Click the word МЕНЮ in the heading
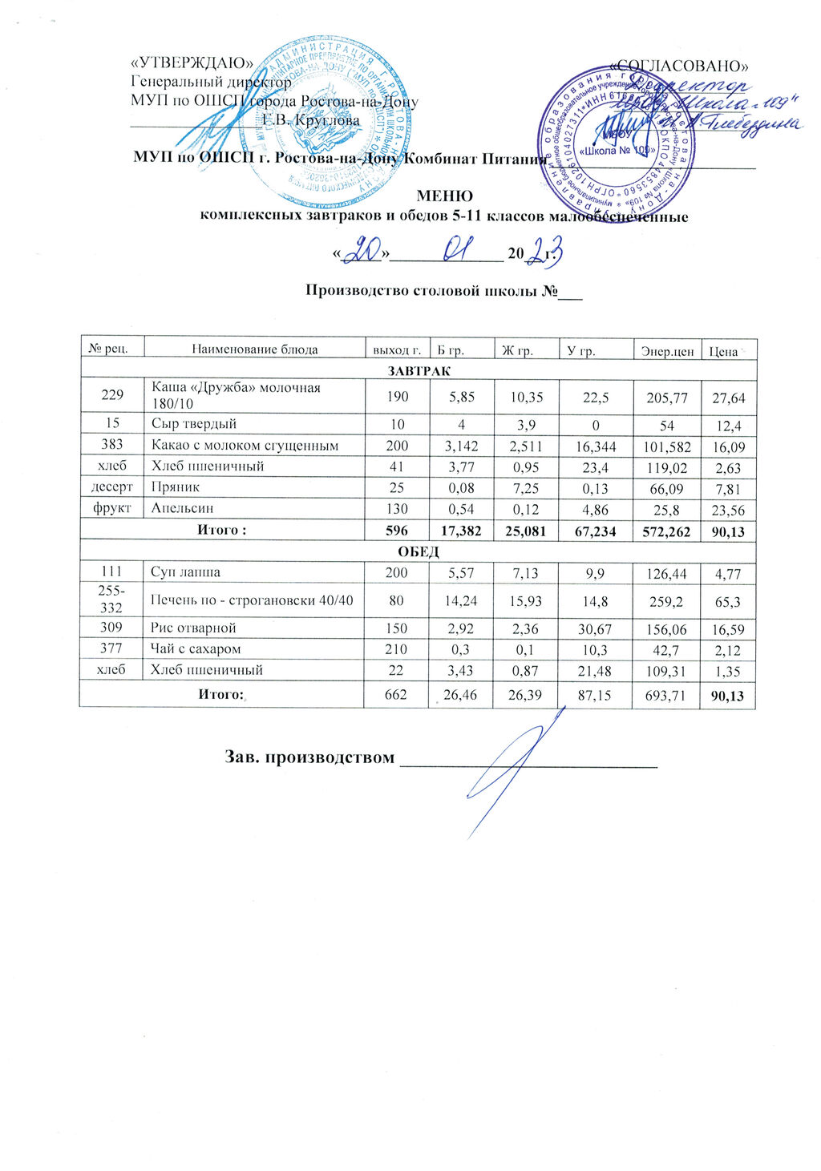[444, 196]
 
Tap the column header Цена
[724, 350]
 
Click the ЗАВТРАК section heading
[419, 371]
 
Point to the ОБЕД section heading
[419, 552]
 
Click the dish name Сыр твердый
[194, 424]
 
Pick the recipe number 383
[112, 445]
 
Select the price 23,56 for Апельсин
[728, 509]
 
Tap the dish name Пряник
[170, 487]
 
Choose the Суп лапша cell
[186, 572]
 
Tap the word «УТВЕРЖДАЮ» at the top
[192, 64]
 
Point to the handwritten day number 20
[365, 252]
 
